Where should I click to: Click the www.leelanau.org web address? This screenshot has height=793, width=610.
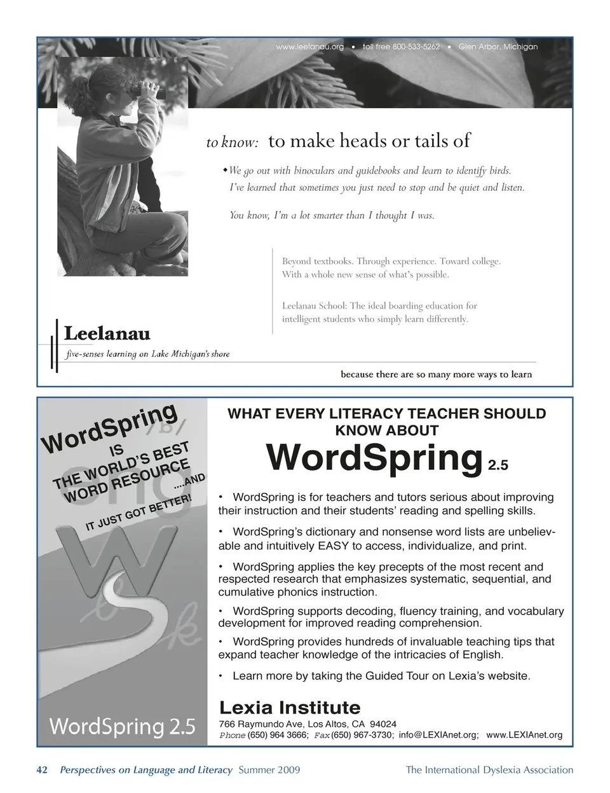310,47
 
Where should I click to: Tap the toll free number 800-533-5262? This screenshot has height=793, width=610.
401,47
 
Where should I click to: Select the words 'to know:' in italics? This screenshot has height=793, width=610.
232,142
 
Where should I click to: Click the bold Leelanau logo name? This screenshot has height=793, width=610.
107,333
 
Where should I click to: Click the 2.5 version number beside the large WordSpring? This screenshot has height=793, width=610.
498,466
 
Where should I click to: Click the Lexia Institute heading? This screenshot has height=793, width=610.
289,708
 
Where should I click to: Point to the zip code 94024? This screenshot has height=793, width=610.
383,724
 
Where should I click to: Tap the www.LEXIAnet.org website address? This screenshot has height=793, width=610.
524,735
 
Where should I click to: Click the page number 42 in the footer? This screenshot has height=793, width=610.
43,770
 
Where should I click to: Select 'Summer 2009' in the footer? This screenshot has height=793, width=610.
269,770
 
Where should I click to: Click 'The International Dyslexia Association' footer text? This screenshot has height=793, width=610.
489,770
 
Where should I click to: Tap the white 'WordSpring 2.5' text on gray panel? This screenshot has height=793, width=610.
122,726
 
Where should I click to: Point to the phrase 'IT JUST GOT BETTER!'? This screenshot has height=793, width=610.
138,513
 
